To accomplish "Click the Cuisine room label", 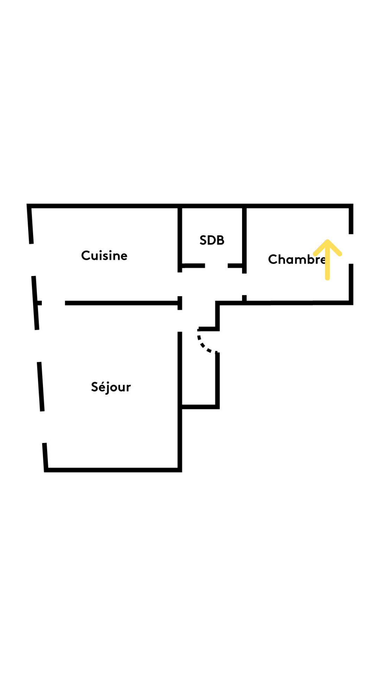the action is click(104, 256).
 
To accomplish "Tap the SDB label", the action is click(212, 240).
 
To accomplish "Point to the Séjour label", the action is click(111, 387).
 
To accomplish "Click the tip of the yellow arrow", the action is click(327, 240).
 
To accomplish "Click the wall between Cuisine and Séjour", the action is click(122, 303).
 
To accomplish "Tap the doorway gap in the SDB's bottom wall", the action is click(216, 265).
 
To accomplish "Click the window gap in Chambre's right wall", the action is click(351, 249).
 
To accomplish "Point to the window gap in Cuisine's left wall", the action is click(33, 260).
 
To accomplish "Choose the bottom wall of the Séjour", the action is click(113, 470).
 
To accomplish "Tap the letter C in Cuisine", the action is click(85, 256).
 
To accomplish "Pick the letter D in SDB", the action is click(212, 240).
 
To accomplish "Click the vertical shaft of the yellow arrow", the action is click(327, 261).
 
